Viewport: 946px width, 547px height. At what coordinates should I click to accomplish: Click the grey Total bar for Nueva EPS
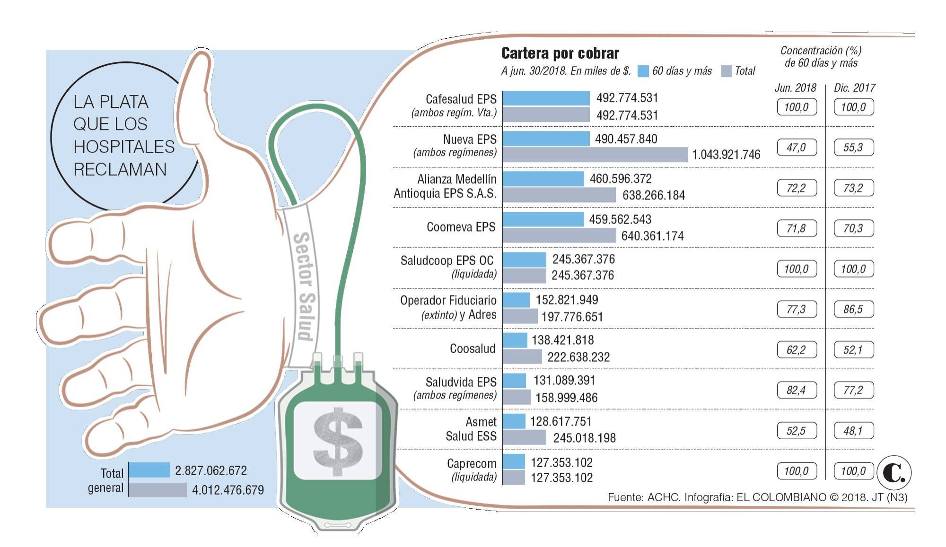[x=595, y=155]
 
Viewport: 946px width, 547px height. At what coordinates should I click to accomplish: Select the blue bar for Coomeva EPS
[x=543, y=219]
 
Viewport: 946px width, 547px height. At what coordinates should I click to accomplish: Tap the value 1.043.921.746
[x=726, y=155]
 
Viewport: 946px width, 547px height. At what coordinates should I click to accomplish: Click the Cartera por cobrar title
[x=560, y=53]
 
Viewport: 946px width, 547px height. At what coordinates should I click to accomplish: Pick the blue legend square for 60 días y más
[x=643, y=71]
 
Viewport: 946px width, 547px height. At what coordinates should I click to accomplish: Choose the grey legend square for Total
[x=726, y=71]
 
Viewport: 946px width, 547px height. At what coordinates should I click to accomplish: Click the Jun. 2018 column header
[x=795, y=88]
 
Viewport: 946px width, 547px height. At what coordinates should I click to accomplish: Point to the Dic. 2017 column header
[x=854, y=88]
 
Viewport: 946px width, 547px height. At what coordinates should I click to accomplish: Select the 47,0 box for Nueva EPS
[x=797, y=148]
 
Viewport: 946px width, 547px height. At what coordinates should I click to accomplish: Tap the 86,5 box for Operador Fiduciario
[x=853, y=310]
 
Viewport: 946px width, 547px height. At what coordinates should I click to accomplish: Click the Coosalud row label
[x=472, y=349]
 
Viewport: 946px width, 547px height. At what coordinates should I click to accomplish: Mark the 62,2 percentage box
[x=797, y=350]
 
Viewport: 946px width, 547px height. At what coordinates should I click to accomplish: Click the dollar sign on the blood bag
[x=338, y=441]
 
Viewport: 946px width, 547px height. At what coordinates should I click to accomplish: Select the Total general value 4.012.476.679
[x=228, y=490]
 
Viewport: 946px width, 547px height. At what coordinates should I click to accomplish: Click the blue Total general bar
[x=149, y=470]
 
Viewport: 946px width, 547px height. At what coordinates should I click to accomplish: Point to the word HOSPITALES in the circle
[x=124, y=147]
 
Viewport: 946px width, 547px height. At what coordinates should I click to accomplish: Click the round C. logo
[x=893, y=472]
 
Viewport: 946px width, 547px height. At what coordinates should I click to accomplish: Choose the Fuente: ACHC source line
[x=757, y=497]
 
